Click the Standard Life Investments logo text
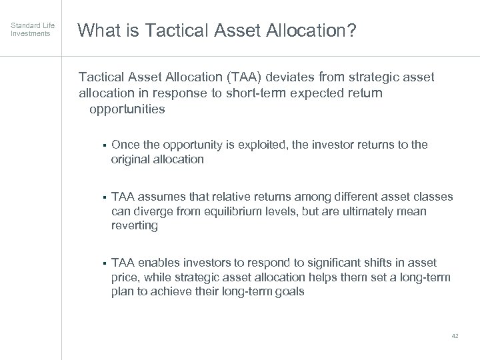point(30,29)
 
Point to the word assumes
point(163,197)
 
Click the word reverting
point(134,226)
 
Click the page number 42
point(455,336)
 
